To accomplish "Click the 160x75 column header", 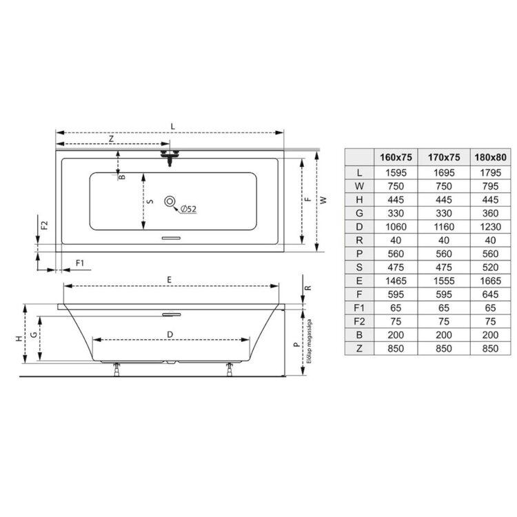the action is (396, 157).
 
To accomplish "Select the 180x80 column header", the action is (490, 157).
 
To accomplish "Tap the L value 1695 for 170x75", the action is (444, 172).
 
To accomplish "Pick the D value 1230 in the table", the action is (490, 227).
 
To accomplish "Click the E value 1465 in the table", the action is (396, 281).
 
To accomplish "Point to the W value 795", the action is (490, 186).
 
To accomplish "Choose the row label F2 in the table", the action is (359, 321).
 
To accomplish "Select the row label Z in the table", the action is (359, 349).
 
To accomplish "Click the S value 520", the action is (490, 267).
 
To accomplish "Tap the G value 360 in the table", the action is (490, 213).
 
